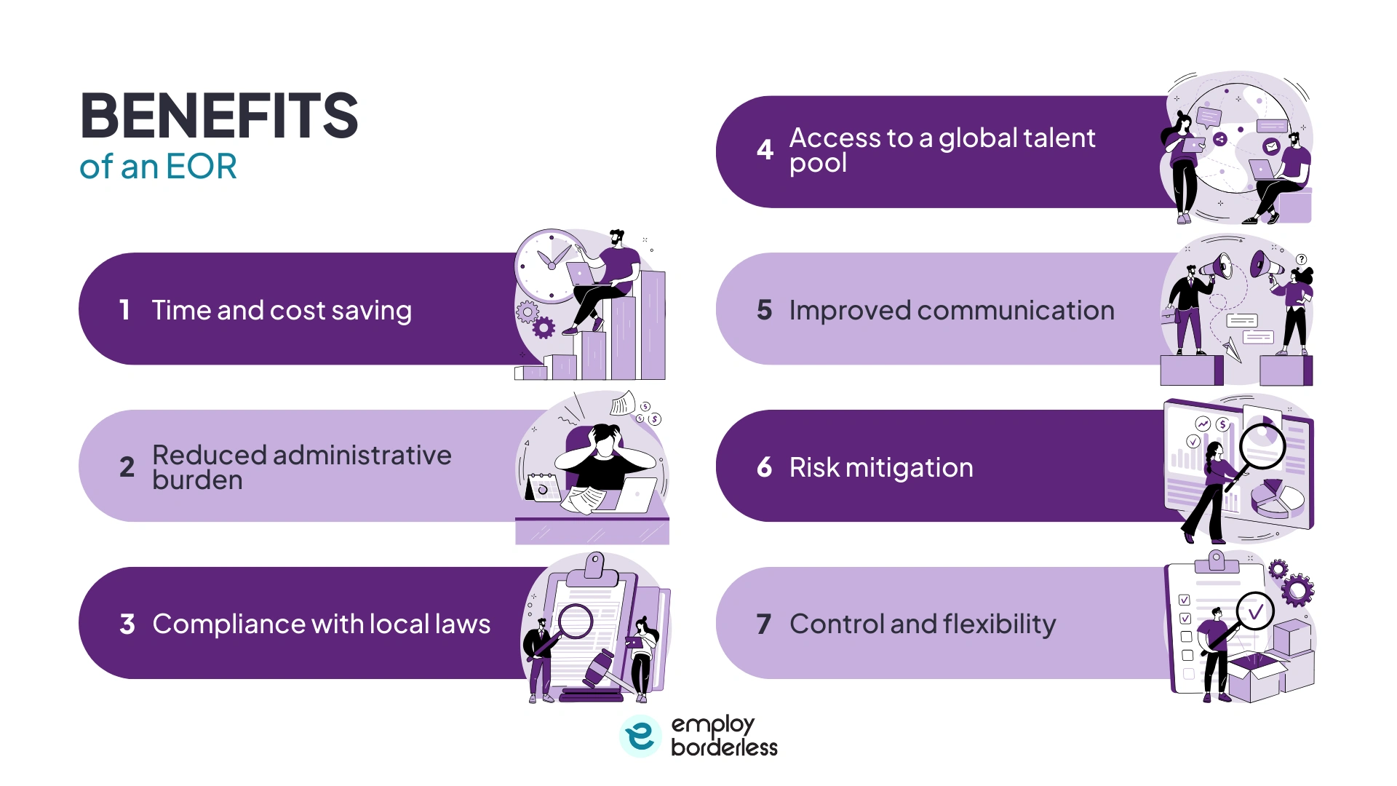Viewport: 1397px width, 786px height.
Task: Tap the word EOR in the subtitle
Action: (201, 167)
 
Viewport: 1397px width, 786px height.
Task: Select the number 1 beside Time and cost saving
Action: (124, 310)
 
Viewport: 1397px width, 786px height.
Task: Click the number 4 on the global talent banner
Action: (764, 150)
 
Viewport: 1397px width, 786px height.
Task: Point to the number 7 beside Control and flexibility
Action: (763, 624)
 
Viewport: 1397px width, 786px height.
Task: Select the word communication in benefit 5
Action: (1015, 311)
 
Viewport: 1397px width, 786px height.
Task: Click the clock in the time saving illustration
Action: (549, 264)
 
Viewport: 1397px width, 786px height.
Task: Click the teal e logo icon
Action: (640, 735)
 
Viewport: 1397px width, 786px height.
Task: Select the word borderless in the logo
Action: (724, 747)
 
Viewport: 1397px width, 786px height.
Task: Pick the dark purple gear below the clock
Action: (544, 328)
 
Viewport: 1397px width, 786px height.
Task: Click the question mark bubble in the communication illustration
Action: (1301, 259)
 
